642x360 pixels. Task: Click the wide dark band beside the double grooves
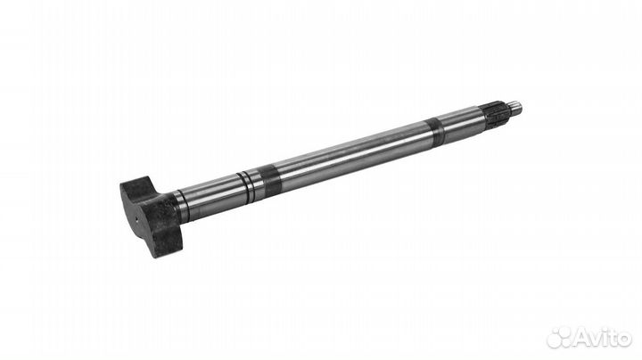tap(271, 181)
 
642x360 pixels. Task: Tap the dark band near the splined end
tap(435, 132)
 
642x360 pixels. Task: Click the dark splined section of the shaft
tap(497, 114)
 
